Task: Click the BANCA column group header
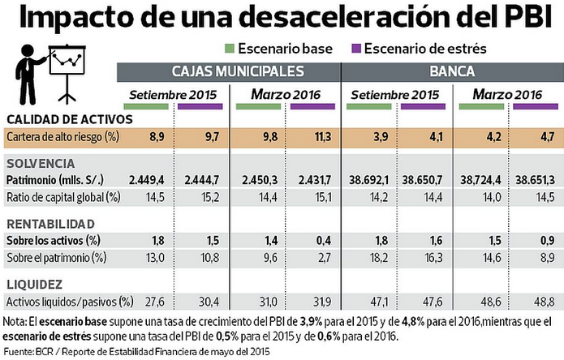[x=452, y=71]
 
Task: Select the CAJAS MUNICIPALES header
[x=238, y=71]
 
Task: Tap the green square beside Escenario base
[x=230, y=49]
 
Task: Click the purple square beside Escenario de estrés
[x=356, y=49]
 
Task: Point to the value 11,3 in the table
[x=323, y=137]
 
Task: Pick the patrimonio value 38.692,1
[x=368, y=180]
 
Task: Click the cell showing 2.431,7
[x=314, y=180]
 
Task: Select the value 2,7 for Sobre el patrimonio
[x=324, y=258]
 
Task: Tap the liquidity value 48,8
[x=545, y=302]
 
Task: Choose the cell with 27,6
[x=155, y=302]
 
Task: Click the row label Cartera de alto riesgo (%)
[x=63, y=137]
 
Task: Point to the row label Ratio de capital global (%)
[x=63, y=197]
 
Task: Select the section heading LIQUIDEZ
[x=35, y=285]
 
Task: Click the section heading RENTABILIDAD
[x=50, y=224]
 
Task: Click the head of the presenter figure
[x=28, y=50]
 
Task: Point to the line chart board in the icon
[x=67, y=60]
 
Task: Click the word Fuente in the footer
[x=18, y=351]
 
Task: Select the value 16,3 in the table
[x=433, y=258]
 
